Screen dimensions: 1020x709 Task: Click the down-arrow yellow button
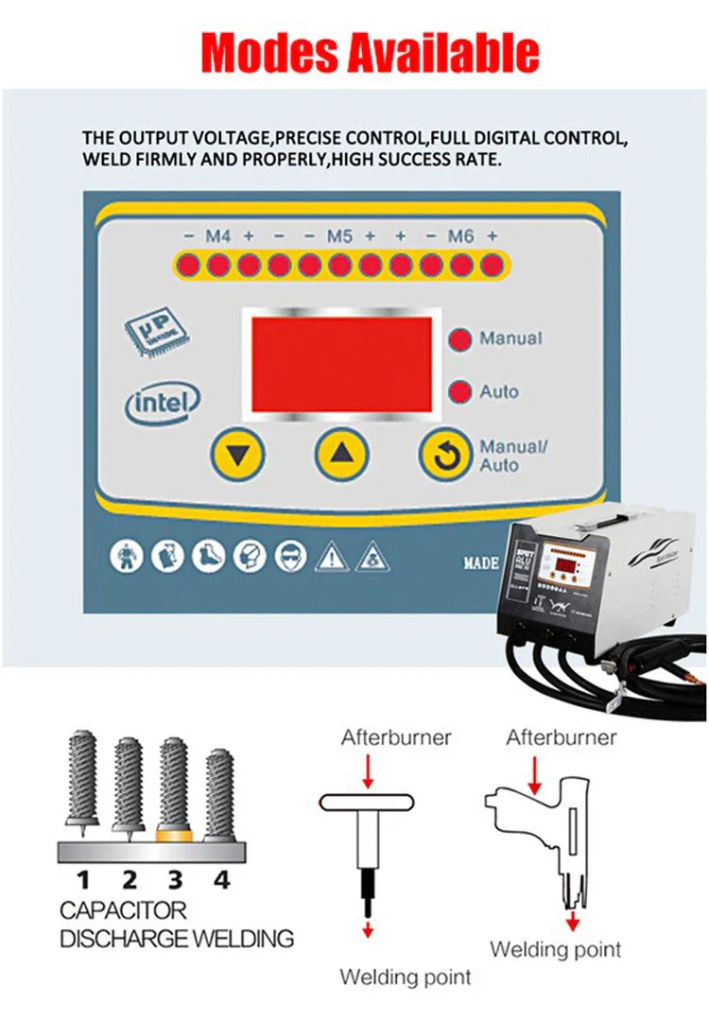pos(238,456)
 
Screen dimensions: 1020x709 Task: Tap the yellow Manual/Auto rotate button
pos(445,456)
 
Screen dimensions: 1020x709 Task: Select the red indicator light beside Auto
pos(460,391)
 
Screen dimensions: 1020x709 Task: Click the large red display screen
pos(341,364)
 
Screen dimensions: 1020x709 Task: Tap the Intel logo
pos(164,402)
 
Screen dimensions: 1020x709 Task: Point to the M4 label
pos(217,236)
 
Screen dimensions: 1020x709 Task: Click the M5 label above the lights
pos(339,236)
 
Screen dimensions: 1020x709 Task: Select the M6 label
pos(460,236)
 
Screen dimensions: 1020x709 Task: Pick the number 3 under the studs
pos(175,880)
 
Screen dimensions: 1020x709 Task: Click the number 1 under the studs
pos(83,880)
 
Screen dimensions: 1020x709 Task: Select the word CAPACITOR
pos(123,911)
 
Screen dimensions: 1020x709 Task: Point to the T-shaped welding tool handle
pos(367,803)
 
